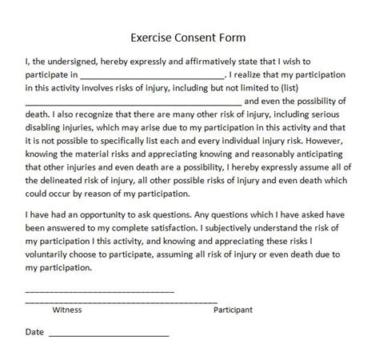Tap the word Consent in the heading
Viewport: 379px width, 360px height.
click(x=200, y=36)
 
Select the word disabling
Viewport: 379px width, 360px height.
click(x=50, y=130)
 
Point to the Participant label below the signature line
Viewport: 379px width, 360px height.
click(x=233, y=308)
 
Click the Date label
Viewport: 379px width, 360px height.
click(x=34, y=330)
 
